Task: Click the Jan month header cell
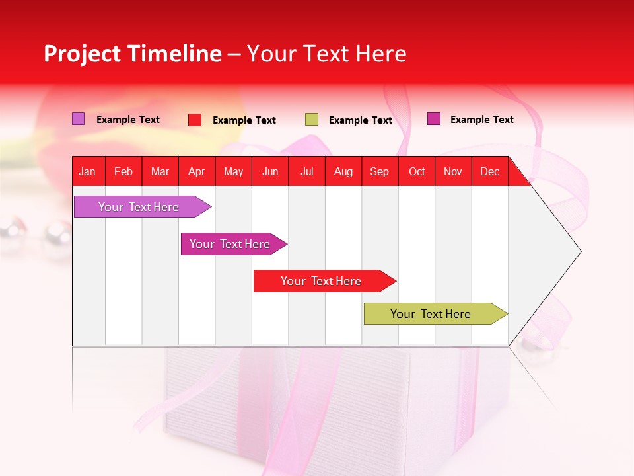(88, 171)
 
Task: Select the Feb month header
(123, 171)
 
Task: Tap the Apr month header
(197, 171)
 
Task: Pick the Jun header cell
(270, 171)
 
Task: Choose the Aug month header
(343, 171)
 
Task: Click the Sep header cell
(380, 171)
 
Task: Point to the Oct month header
(417, 171)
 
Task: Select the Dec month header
(490, 171)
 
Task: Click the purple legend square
(78, 119)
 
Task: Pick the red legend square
(195, 120)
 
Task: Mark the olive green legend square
(312, 120)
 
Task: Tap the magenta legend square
(434, 119)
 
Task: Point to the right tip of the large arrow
(579, 251)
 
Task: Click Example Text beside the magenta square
(481, 120)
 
